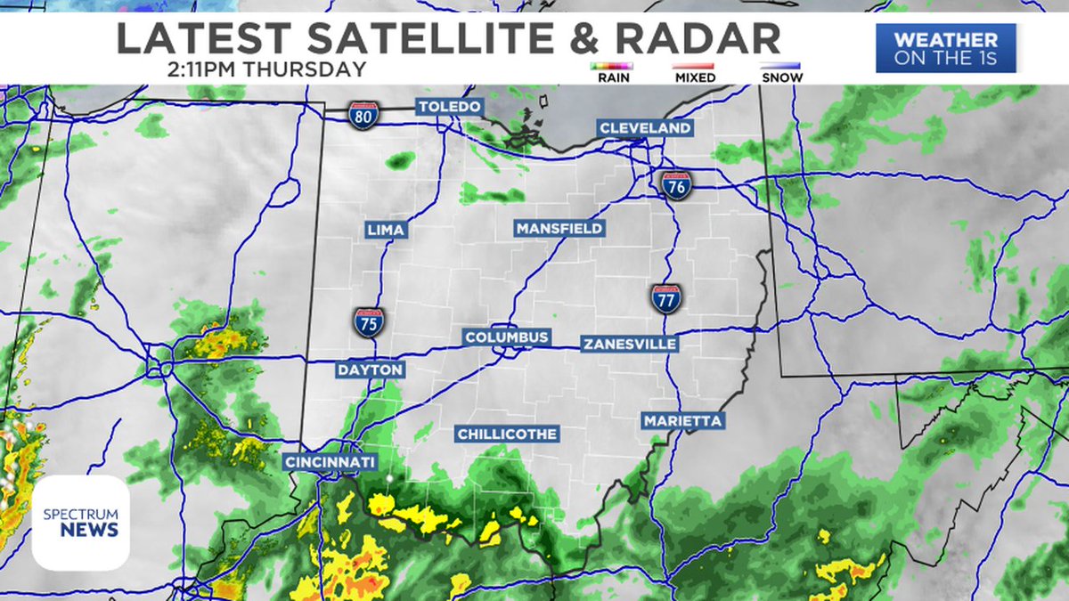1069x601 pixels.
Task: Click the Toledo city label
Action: [x=450, y=107]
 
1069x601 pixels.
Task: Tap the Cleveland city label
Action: [x=645, y=128]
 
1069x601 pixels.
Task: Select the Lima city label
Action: [x=386, y=230]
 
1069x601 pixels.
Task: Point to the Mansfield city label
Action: [x=559, y=228]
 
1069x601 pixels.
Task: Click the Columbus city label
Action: [x=507, y=337]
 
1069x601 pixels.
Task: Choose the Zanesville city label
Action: [x=629, y=344]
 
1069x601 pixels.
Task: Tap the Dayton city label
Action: [x=370, y=369]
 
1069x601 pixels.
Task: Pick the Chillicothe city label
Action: [x=507, y=434]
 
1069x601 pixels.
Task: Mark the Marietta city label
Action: [x=682, y=420]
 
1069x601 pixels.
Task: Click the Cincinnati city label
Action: [x=330, y=462]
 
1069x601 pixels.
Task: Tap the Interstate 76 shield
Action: [x=677, y=185]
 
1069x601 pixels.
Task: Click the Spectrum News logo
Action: [x=81, y=523]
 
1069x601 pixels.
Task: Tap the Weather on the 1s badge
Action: [x=946, y=48]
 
